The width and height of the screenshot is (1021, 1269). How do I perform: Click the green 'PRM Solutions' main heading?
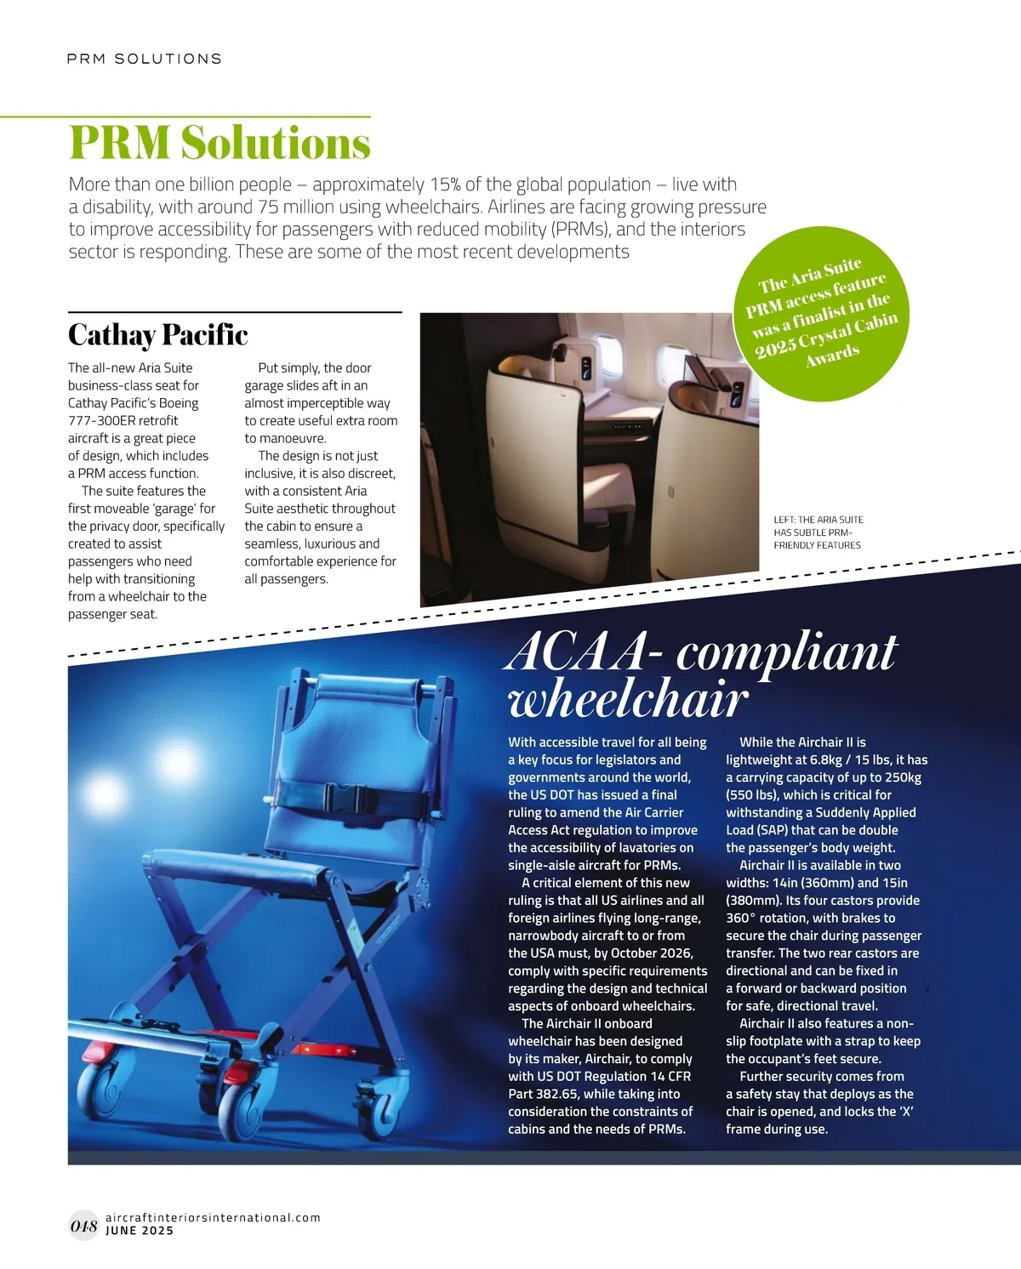click(x=220, y=143)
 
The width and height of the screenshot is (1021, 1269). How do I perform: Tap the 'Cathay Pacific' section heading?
click(x=158, y=335)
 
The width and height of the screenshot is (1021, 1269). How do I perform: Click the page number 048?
click(x=83, y=1226)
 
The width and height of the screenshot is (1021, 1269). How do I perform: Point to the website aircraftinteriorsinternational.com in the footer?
click(x=213, y=1217)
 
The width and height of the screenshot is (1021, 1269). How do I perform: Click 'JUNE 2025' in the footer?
click(x=140, y=1231)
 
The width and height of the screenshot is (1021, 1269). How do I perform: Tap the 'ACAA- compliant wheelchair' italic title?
click(x=702, y=677)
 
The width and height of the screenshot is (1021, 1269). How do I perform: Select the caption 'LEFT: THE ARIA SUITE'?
click(x=818, y=520)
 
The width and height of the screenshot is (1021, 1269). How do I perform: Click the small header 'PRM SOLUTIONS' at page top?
click(x=145, y=59)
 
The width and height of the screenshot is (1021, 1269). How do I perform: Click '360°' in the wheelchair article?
click(x=744, y=919)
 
